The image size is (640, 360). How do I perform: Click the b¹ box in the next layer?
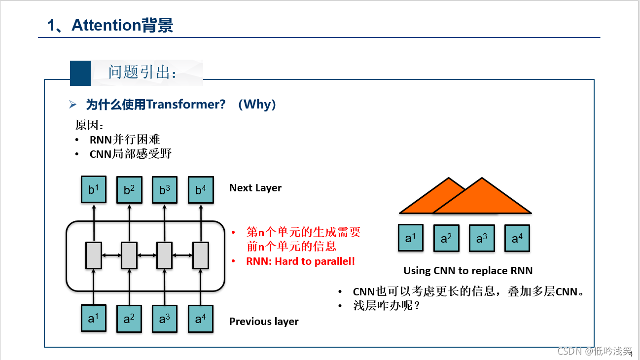coord(94,190)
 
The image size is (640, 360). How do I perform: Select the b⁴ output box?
coord(201,190)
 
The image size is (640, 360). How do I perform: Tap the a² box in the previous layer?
coord(129,318)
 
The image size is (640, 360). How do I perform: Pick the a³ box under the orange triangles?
coord(482,238)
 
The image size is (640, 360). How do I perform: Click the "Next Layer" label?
coord(255,188)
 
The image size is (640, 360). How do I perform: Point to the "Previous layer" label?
coord(264,322)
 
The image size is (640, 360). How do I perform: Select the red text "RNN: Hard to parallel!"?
coord(300,261)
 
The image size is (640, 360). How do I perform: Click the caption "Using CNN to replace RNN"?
coord(468,270)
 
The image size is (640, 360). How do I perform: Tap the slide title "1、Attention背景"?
coord(110,25)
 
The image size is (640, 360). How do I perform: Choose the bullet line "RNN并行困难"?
coord(125,140)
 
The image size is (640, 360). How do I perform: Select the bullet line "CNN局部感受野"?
coord(131,154)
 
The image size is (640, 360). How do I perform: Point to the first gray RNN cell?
coord(94,255)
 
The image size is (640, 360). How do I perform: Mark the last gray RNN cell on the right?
coord(201,255)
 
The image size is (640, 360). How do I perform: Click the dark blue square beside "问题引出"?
coord(80,72)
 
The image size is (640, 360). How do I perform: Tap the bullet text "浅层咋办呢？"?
coord(386,306)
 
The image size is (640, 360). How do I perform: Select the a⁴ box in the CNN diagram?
coord(517,238)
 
